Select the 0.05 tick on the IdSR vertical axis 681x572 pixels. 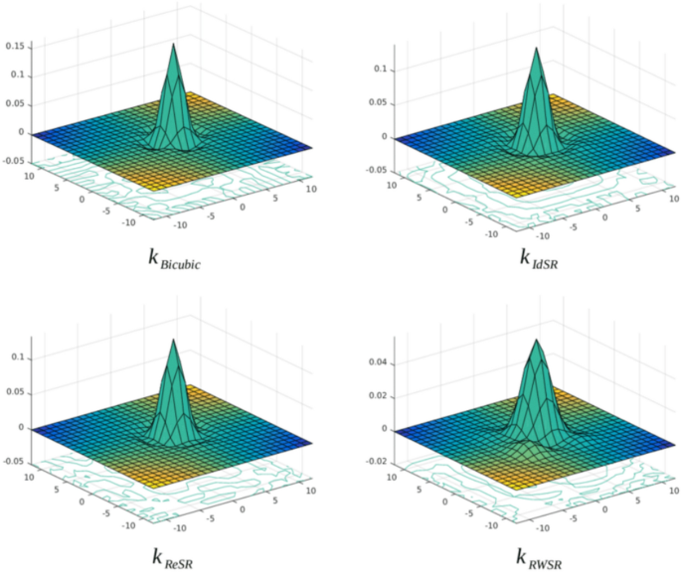(380, 104)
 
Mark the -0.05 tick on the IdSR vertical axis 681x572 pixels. (378, 170)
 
